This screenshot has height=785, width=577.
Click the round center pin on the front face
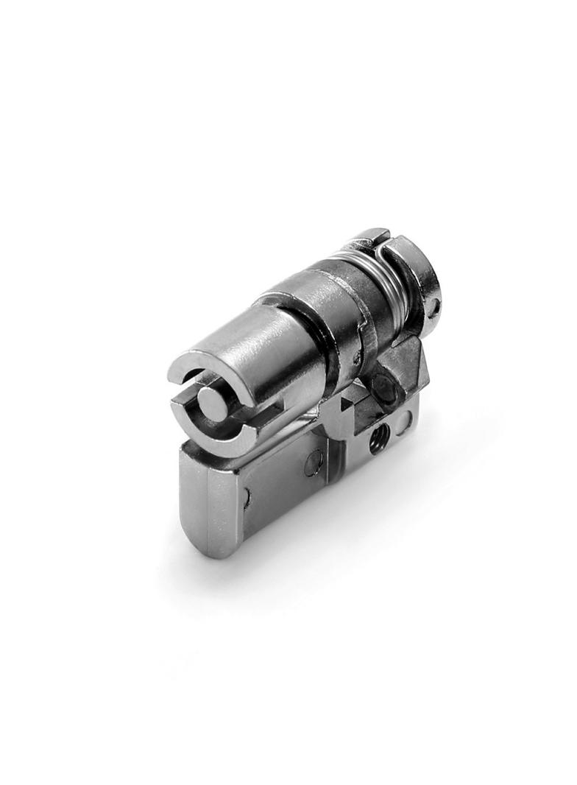pyautogui.click(x=213, y=404)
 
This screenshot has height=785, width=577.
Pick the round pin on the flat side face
pyautogui.click(x=313, y=463)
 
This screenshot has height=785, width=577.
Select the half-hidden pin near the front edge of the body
pyautogui.click(x=244, y=499)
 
